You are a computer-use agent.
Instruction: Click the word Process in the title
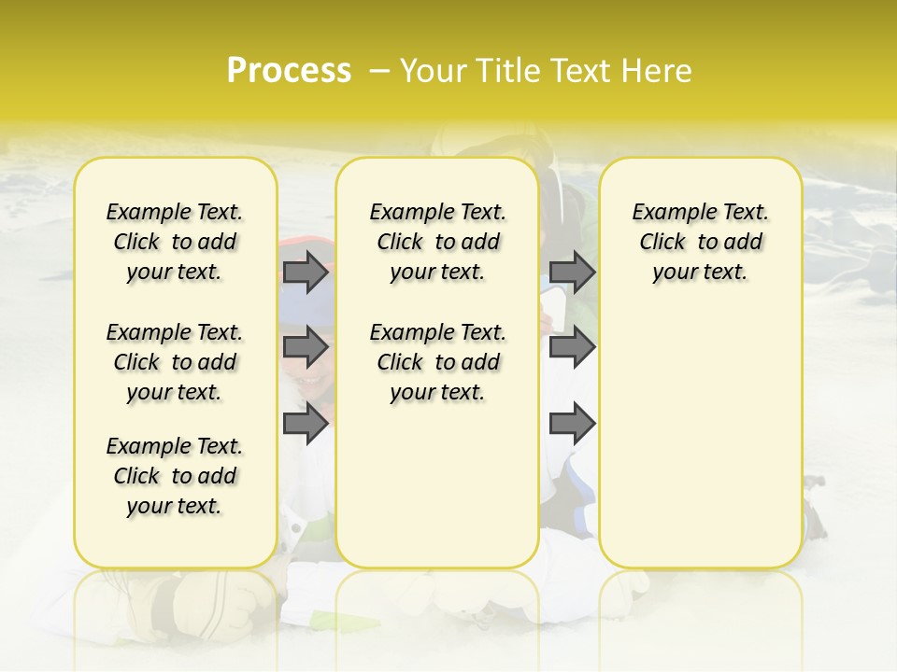tap(289, 71)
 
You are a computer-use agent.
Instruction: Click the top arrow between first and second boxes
tap(306, 273)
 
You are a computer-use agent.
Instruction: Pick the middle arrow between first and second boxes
tap(306, 347)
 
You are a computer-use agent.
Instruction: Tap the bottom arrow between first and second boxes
tap(306, 424)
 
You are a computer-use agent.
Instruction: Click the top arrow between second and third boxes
tap(572, 273)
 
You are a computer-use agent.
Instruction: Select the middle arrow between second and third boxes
tap(572, 347)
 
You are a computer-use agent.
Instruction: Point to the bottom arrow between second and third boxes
tap(572, 424)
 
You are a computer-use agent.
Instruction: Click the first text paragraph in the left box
tap(175, 242)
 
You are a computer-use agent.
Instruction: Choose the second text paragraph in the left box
tap(175, 362)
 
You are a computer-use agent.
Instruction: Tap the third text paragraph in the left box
tap(175, 476)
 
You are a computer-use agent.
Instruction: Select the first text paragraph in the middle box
tap(437, 242)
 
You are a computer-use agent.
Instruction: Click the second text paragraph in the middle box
tap(437, 362)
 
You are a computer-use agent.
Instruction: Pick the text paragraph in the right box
tap(700, 242)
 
